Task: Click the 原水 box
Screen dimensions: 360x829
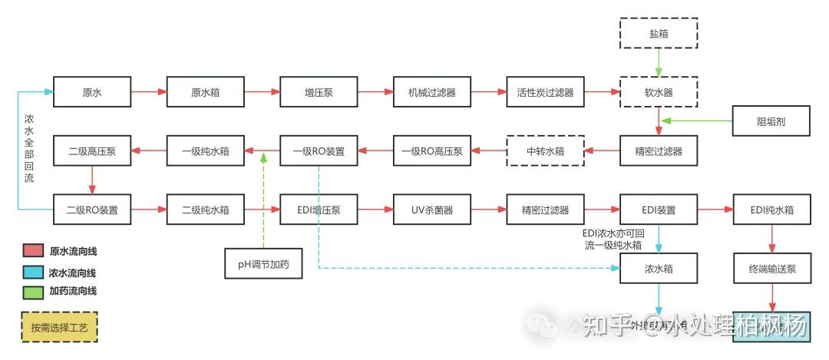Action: tap(92, 93)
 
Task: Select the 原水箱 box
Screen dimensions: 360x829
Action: tap(206, 93)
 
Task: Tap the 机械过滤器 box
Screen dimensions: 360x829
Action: tap(432, 93)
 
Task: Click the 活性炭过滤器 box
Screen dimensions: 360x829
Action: tap(545, 93)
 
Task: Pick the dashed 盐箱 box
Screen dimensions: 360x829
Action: tap(659, 35)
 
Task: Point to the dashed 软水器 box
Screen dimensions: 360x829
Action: tap(659, 93)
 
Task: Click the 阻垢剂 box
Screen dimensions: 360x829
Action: tap(771, 121)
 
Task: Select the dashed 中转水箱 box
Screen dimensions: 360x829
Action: tap(545, 151)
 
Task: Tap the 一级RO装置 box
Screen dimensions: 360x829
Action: tap(319, 151)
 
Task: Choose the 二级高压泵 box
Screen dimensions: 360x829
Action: tap(92, 151)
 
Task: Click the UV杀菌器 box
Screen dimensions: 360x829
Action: tap(432, 210)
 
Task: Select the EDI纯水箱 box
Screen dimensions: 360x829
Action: tap(771, 210)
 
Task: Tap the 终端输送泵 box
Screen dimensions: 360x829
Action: tap(771, 268)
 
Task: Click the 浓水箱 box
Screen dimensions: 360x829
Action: tap(659, 268)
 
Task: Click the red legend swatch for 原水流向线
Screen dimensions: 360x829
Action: tap(32, 251)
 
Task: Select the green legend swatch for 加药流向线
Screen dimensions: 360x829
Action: tap(32, 292)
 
